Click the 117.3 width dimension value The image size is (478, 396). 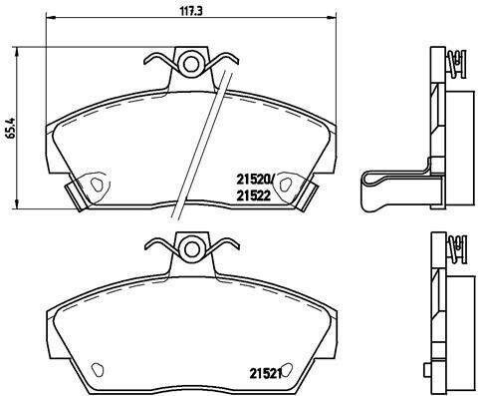pyautogui.click(x=191, y=11)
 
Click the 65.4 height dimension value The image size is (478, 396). pyautogui.click(x=11, y=128)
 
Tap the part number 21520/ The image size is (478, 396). pyautogui.click(x=254, y=180)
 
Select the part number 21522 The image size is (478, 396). pyautogui.click(x=254, y=197)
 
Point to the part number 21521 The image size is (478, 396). pyautogui.click(x=266, y=374)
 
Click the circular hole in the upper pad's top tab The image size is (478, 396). pyautogui.click(x=191, y=64)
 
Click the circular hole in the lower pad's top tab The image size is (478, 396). pyautogui.click(x=192, y=249)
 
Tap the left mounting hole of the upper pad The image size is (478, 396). pyautogui.click(x=97, y=185)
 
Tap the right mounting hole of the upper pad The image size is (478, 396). pyautogui.click(x=286, y=185)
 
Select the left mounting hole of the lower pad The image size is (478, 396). pyautogui.click(x=98, y=368)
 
